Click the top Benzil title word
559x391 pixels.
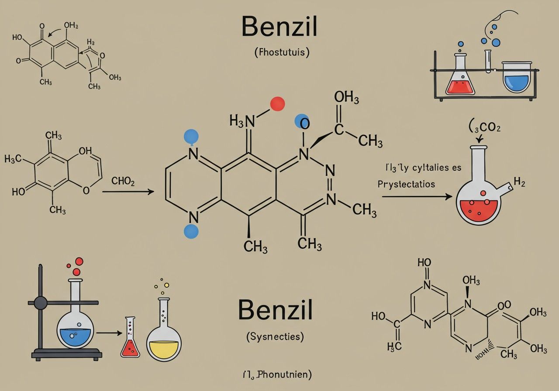(279, 27)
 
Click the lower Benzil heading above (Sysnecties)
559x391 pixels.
(275, 310)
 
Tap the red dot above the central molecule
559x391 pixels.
(277, 104)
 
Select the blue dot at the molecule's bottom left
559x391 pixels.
(191, 231)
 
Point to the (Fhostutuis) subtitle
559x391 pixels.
(282, 53)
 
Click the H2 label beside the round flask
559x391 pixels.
(519, 182)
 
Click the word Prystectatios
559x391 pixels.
(406, 184)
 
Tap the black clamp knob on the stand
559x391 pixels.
(41, 302)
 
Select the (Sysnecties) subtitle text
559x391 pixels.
(275, 336)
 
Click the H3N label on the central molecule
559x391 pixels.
(242, 120)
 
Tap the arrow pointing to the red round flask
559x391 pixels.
(417, 197)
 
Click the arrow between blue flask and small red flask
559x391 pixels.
(109, 333)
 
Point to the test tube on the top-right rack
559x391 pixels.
(488, 61)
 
